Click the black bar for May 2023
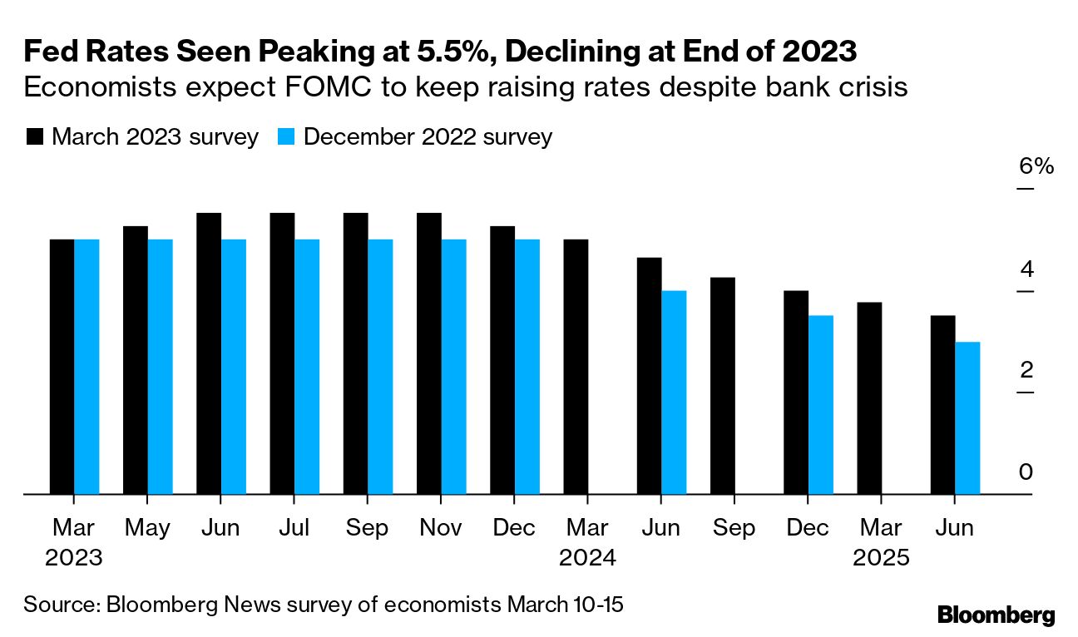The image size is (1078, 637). point(136,360)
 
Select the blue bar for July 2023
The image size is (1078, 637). point(307,367)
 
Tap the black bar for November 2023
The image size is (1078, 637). point(429,353)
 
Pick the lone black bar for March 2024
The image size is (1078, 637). point(576,367)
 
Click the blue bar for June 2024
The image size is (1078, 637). point(674,393)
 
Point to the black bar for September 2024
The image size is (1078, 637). point(723,386)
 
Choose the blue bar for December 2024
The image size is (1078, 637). point(820,405)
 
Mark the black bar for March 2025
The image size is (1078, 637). point(869,398)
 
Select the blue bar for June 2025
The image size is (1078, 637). point(967,418)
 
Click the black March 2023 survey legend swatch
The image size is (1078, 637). point(34,137)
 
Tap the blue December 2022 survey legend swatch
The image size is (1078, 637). point(286,137)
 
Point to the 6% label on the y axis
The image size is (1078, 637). point(1036,166)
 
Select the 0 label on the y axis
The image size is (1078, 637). point(1026,472)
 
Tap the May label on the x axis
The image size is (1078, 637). point(148,528)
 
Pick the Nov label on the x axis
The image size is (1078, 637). point(441,528)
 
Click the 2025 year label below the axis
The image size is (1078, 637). point(882,557)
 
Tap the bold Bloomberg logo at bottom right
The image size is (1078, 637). point(996,615)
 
